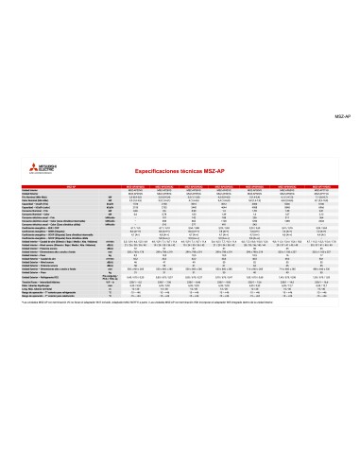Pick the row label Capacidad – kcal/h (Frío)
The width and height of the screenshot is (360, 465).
coord(37,205)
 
